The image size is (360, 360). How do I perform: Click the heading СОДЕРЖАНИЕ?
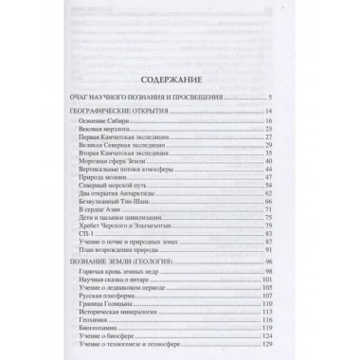click(x=180, y=81)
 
